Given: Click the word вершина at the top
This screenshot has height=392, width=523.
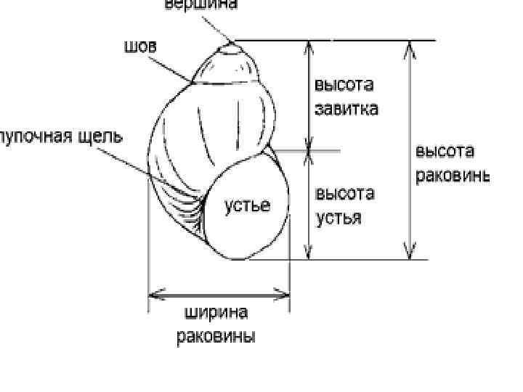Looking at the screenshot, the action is click(200, 4).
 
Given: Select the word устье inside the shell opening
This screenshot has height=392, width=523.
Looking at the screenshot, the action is click(246, 205).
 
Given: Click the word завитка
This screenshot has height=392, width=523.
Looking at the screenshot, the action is click(346, 110).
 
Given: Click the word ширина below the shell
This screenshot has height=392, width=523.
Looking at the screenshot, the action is click(216, 314).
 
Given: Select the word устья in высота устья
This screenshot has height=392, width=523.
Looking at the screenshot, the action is click(338, 217).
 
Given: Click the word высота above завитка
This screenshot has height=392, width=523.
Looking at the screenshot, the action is click(344, 86).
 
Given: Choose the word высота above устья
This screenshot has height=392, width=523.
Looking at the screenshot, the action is click(344, 194).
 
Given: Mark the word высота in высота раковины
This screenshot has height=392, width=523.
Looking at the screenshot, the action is click(445, 151).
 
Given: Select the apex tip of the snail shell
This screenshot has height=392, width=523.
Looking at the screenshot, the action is click(232, 45).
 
